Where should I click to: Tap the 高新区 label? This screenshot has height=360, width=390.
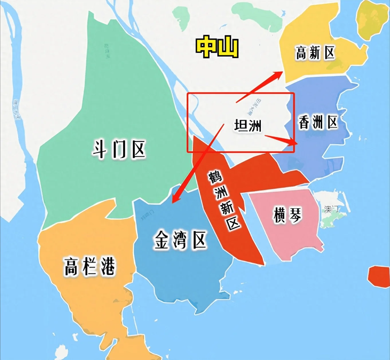(315, 53)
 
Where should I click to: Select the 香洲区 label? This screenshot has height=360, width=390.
(318, 123)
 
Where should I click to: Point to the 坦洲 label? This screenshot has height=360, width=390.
(248, 126)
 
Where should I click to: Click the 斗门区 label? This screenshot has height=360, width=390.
(119, 149)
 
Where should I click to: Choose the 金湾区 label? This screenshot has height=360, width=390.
(180, 240)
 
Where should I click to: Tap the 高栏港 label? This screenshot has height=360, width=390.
(89, 266)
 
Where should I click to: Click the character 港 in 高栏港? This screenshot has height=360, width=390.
(108, 266)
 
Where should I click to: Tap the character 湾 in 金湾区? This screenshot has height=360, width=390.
(180, 240)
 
